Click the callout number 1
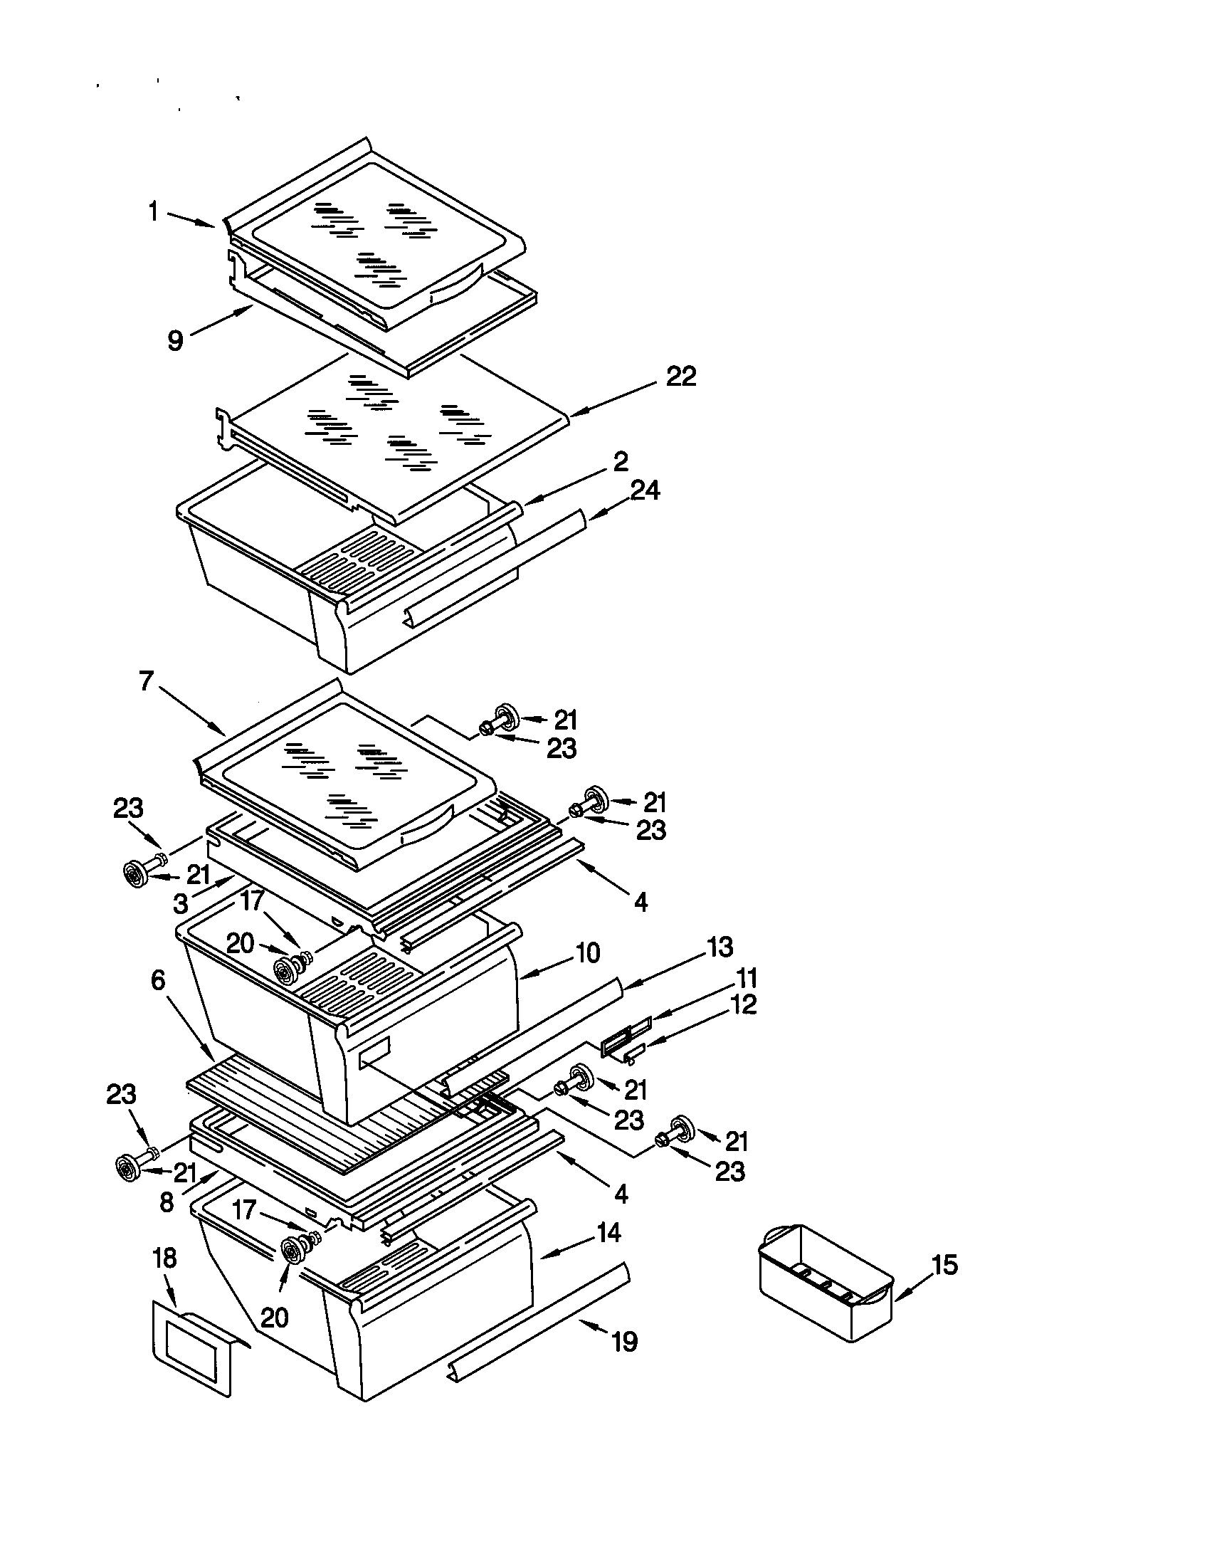154,212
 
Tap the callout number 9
176,340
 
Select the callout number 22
680,376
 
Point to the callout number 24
644,490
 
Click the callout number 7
147,680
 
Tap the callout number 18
165,1258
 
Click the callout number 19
624,1341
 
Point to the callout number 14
607,1233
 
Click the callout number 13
720,947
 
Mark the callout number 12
744,1005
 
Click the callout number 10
587,953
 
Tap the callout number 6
158,980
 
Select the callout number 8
167,1202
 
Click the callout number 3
181,903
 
